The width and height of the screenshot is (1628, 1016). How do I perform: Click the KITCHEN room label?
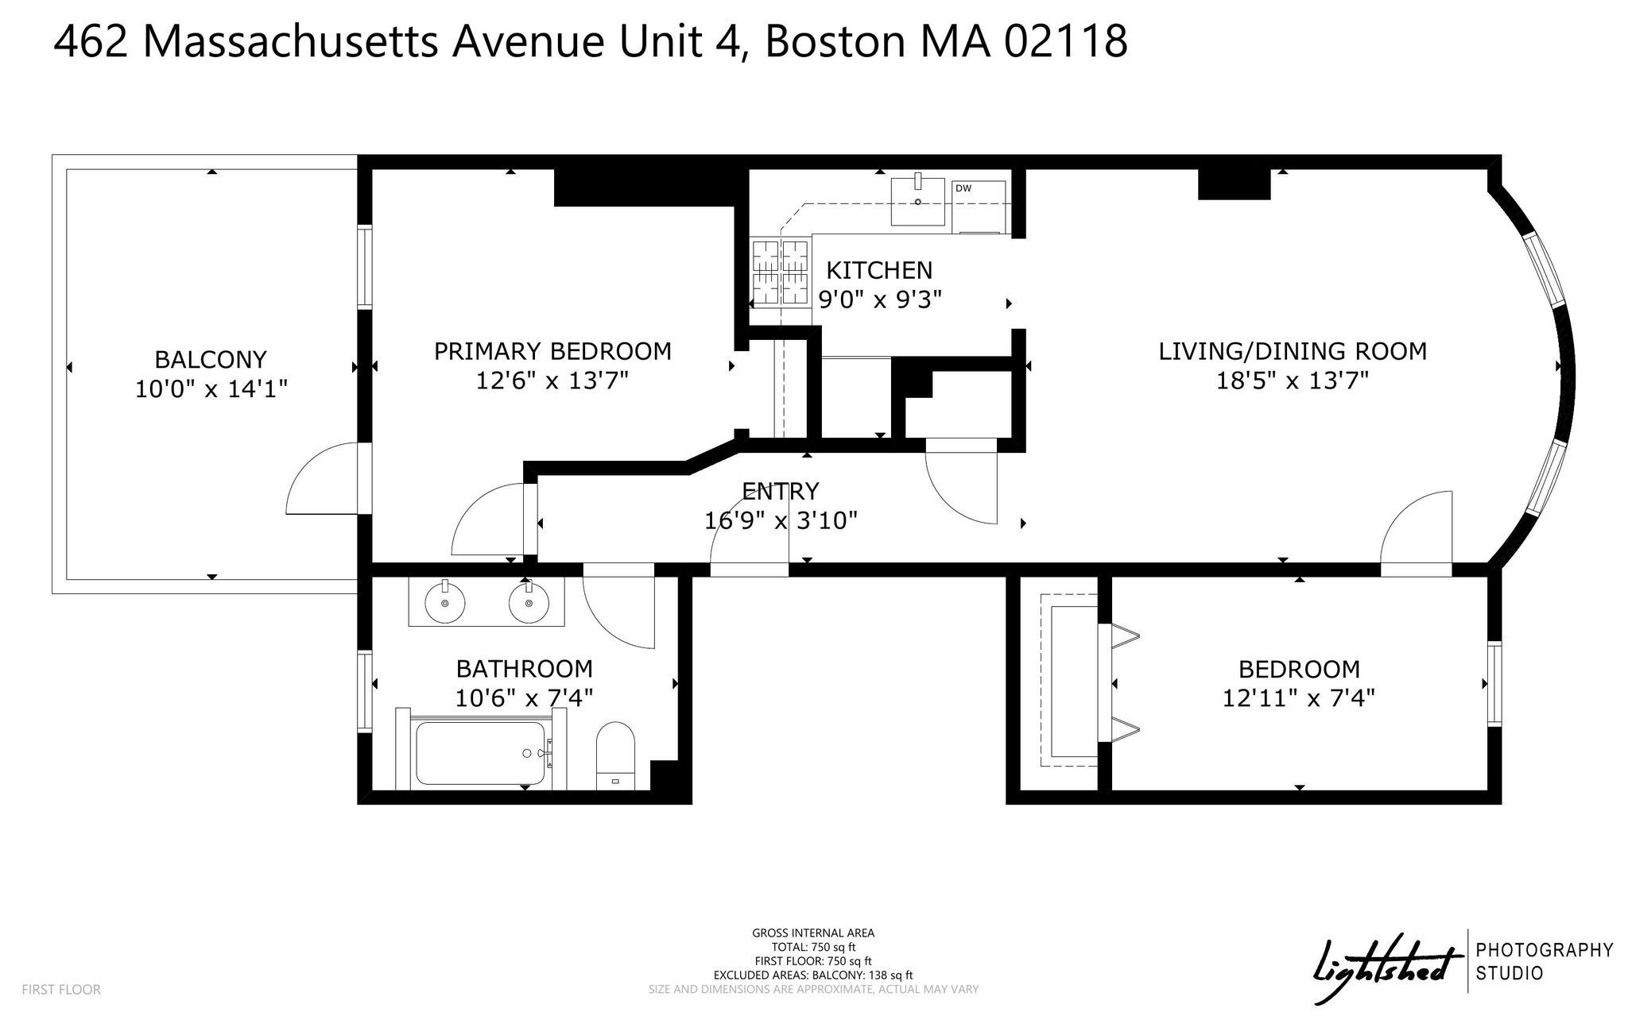point(879,271)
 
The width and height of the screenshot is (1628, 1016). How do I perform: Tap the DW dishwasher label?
point(963,188)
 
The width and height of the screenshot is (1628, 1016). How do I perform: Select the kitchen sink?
point(918,202)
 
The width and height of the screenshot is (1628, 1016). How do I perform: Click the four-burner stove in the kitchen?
point(781,272)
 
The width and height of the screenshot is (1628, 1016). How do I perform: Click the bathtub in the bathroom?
point(482,753)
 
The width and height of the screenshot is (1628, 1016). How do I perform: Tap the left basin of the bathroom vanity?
point(444,603)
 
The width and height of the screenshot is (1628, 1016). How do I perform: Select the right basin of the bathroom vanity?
point(529,603)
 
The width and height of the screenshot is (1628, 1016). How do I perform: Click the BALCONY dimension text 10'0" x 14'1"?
point(211,389)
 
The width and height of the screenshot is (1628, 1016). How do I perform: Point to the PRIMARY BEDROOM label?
point(552,351)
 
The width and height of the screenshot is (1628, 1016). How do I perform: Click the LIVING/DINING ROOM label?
point(1293,351)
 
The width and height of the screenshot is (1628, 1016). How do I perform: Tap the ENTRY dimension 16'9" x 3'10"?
point(781,521)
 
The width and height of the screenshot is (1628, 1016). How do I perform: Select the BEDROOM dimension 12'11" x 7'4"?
point(1299,697)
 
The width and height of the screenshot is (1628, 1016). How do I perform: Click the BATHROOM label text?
point(524,669)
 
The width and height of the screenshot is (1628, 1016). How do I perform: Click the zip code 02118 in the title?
point(1065,41)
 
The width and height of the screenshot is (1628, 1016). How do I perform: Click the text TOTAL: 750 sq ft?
point(813,947)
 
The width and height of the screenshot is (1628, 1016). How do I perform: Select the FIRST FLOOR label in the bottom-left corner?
point(61,990)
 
